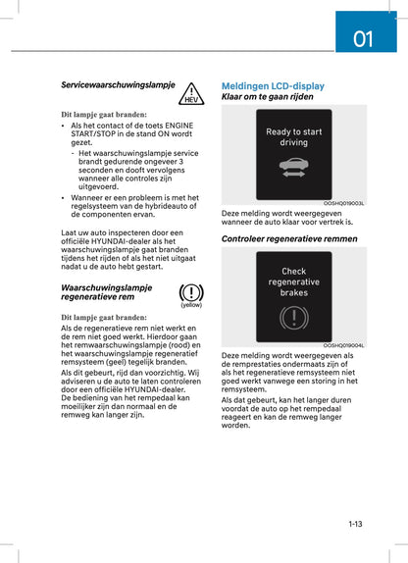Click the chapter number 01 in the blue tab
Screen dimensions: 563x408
(x=363, y=38)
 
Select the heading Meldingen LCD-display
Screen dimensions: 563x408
(x=273, y=86)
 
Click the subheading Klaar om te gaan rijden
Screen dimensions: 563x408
(x=268, y=98)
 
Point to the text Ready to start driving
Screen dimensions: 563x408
(x=293, y=137)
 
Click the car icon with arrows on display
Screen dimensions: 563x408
(x=293, y=169)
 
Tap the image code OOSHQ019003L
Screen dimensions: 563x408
(x=343, y=204)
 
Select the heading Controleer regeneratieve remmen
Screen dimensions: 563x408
(x=289, y=238)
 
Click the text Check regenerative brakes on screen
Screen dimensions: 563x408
(x=293, y=281)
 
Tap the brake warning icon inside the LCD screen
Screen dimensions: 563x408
(x=293, y=318)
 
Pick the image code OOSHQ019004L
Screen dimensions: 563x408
(x=343, y=345)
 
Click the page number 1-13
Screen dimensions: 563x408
(x=354, y=525)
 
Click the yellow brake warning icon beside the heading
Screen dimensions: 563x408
(x=191, y=291)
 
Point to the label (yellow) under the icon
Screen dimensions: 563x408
(x=191, y=305)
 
